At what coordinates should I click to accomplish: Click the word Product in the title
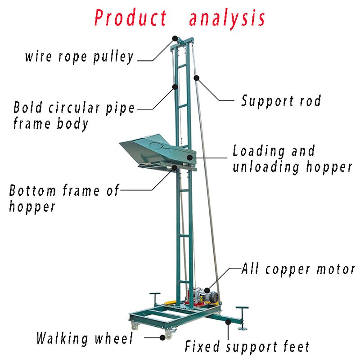[x=130, y=18]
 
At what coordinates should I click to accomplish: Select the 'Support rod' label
[x=281, y=101]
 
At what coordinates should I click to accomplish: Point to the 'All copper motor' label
[x=298, y=269]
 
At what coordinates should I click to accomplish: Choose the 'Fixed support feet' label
[x=247, y=346]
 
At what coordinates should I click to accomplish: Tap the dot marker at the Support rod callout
[x=197, y=78]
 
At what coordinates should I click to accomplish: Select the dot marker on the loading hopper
[x=189, y=157]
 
